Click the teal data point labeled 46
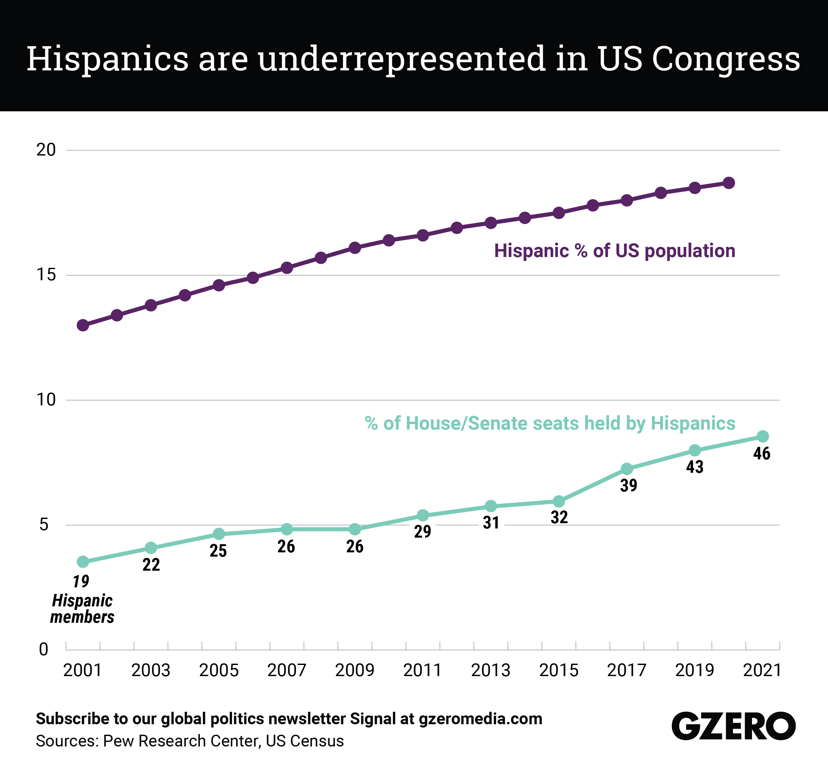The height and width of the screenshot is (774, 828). click(762, 436)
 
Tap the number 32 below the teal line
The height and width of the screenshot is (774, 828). click(559, 517)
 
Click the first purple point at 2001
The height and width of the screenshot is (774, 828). click(83, 325)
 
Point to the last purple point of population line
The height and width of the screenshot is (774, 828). click(729, 183)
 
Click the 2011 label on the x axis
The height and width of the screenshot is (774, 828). click(422, 671)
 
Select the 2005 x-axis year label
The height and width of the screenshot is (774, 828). click(219, 671)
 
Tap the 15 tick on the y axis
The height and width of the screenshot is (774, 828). click(46, 275)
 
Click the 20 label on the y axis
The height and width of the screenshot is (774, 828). click(46, 150)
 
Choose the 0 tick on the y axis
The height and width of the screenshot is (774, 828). click(43, 650)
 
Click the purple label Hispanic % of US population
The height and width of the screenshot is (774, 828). click(614, 251)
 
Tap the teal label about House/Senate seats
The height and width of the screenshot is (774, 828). click(550, 423)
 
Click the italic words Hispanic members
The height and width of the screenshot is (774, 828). click(82, 609)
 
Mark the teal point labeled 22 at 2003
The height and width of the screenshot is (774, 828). click(151, 548)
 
